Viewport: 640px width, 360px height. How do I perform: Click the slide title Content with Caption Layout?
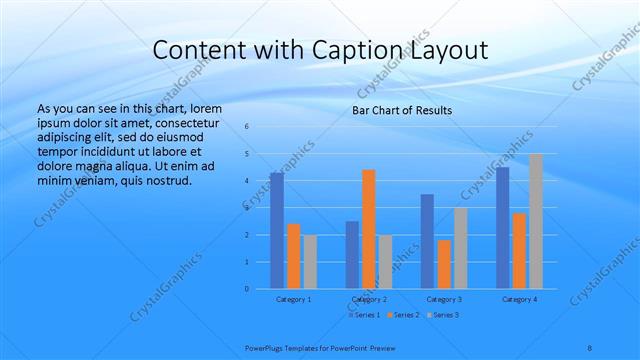[320, 51]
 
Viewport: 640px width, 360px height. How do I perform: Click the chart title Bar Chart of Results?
[402, 110]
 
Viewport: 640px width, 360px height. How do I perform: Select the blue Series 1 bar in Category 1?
[277, 231]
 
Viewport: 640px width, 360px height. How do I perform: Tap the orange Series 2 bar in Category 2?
[369, 229]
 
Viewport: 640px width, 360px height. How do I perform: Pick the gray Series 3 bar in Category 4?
[536, 221]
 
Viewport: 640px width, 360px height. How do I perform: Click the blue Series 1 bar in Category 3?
[428, 241]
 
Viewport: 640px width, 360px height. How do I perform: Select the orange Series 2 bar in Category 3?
[444, 264]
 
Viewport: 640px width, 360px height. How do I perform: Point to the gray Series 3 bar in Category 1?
[310, 262]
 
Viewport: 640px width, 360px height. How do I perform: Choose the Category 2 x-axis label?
[369, 299]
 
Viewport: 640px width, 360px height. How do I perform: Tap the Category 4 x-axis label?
[519, 299]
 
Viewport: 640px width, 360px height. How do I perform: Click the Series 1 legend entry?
[364, 314]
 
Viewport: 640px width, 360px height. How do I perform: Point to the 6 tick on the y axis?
[247, 127]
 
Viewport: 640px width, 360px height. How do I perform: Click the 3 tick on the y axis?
[247, 208]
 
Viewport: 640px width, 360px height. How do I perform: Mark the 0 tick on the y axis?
[247, 289]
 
